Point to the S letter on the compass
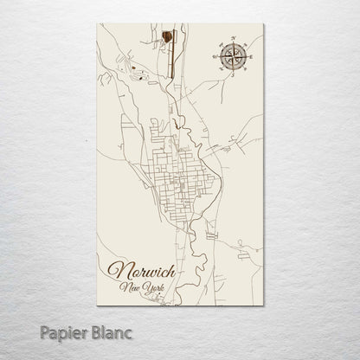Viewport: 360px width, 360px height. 232,75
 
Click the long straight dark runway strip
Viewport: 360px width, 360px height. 171,54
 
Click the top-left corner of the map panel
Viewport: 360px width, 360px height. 98,24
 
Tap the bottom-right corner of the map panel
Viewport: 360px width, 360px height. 263,306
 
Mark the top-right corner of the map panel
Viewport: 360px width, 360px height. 263,24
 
